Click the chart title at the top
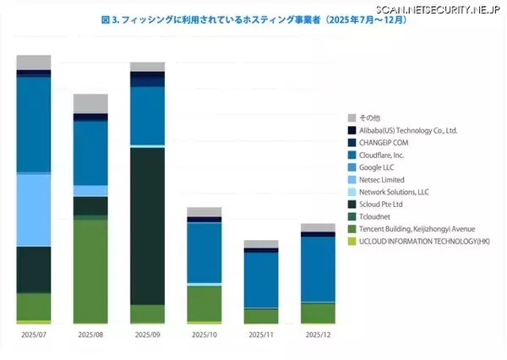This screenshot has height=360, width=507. tap(253, 19)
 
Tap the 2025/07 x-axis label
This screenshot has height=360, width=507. tap(34, 335)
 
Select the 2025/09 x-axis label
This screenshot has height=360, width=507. tap(147, 335)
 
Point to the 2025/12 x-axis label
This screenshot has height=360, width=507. tap(318, 335)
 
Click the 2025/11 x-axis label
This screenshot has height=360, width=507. tap(260, 335)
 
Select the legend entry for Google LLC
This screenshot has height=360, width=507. tap(380, 167)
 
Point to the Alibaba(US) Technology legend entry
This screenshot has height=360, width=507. tap(407, 130)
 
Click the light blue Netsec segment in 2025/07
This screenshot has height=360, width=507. tap(34, 210)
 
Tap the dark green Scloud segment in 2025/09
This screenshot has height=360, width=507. tap(147, 225)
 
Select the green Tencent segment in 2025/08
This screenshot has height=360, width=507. tap(90, 270)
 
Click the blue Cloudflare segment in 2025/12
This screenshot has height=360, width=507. tap(318, 269)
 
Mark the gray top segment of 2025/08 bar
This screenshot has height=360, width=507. tap(90, 103)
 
